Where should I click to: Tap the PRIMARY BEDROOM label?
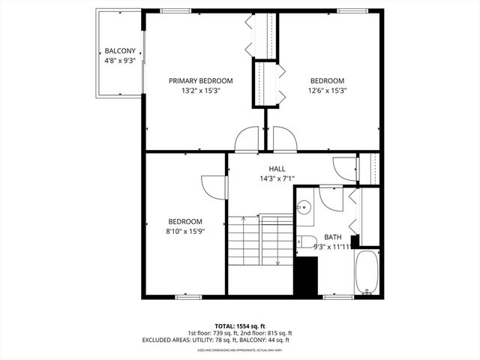click(x=200, y=81)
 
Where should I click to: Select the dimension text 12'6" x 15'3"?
click(x=327, y=91)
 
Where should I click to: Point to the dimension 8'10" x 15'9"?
click(x=185, y=232)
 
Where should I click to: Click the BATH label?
click(x=332, y=236)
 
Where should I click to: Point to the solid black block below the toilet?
click(x=305, y=276)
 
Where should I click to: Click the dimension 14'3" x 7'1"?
click(x=277, y=178)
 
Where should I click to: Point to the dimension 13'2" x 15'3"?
click(x=200, y=91)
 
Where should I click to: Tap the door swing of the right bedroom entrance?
click(x=284, y=139)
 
